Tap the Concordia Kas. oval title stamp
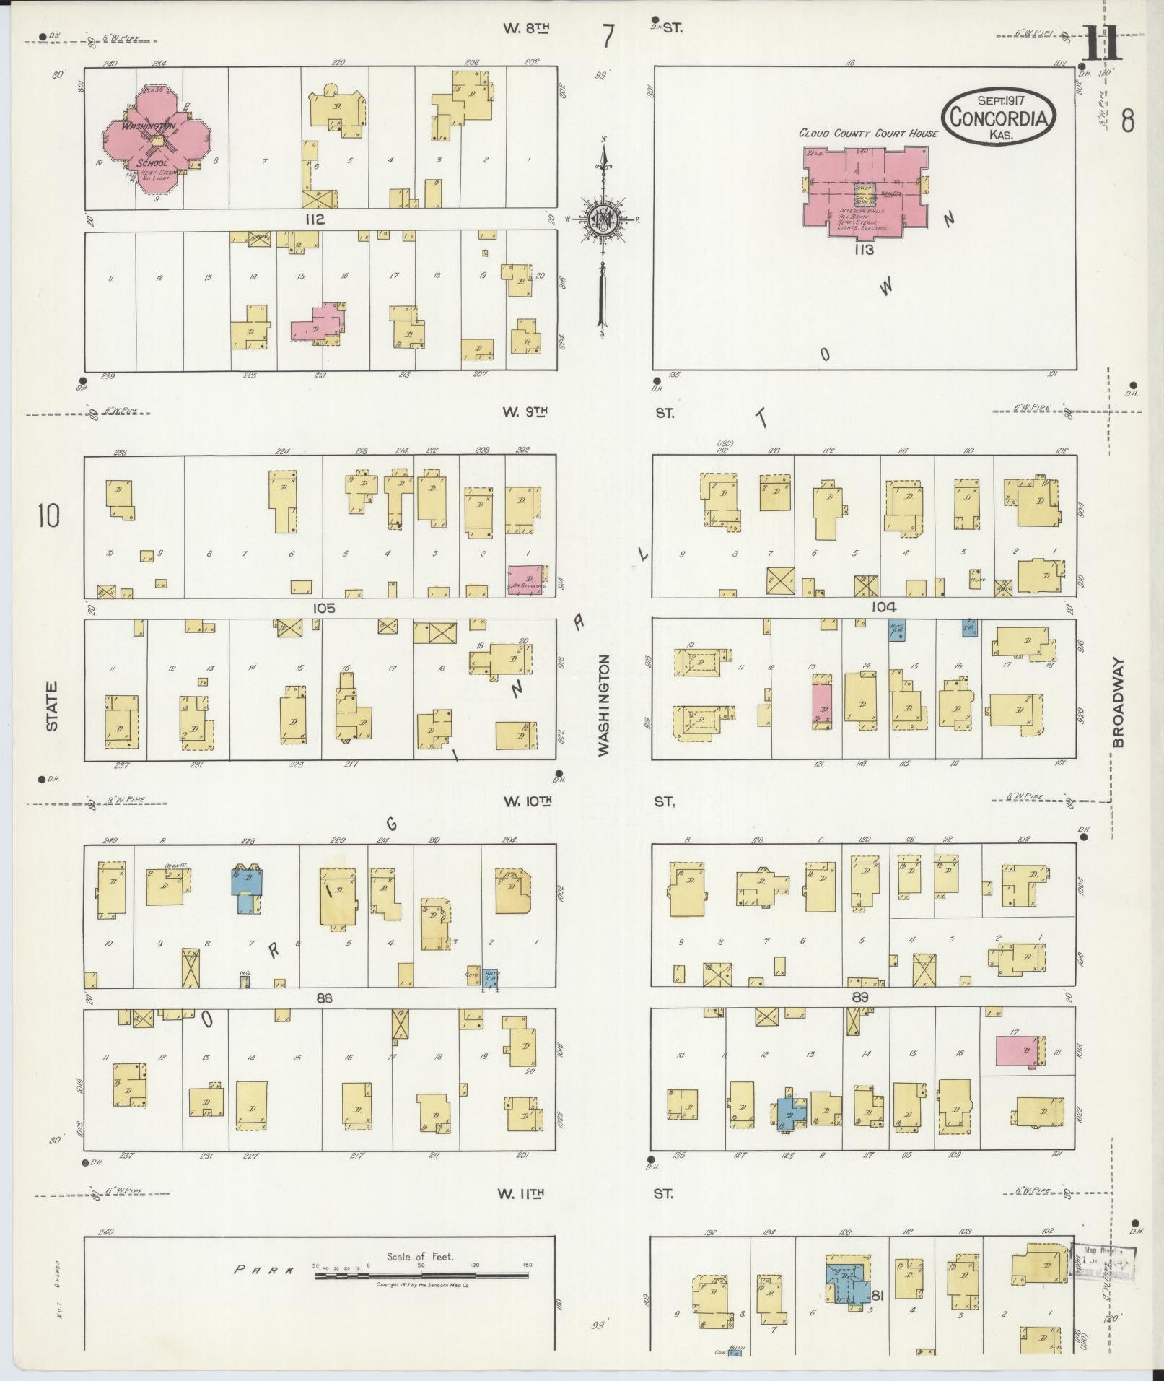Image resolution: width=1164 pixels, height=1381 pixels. pyautogui.click(x=998, y=118)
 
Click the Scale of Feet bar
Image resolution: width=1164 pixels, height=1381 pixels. pyautogui.click(x=421, y=1276)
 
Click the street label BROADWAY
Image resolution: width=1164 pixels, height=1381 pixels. pyautogui.click(x=1119, y=702)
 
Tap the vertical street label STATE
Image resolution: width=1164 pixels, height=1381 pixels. pyautogui.click(x=52, y=707)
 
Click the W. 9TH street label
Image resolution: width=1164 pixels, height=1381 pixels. pyautogui.click(x=525, y=412)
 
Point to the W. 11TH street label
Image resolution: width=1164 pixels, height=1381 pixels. pyautogui.click(x=520, y=1194)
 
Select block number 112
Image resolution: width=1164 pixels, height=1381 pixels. pyautogui.click(x=315, y=219)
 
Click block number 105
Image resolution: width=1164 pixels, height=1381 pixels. pyautogui.click(x=323, y=608)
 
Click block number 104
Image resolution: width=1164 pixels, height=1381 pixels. pyautogui.click(x=883, y=607)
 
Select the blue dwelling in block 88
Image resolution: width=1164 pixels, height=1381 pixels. pyautogui.click(x=247, y=881)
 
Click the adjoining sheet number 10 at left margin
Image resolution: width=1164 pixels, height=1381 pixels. pyautogui.click(x=49, y=516)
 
